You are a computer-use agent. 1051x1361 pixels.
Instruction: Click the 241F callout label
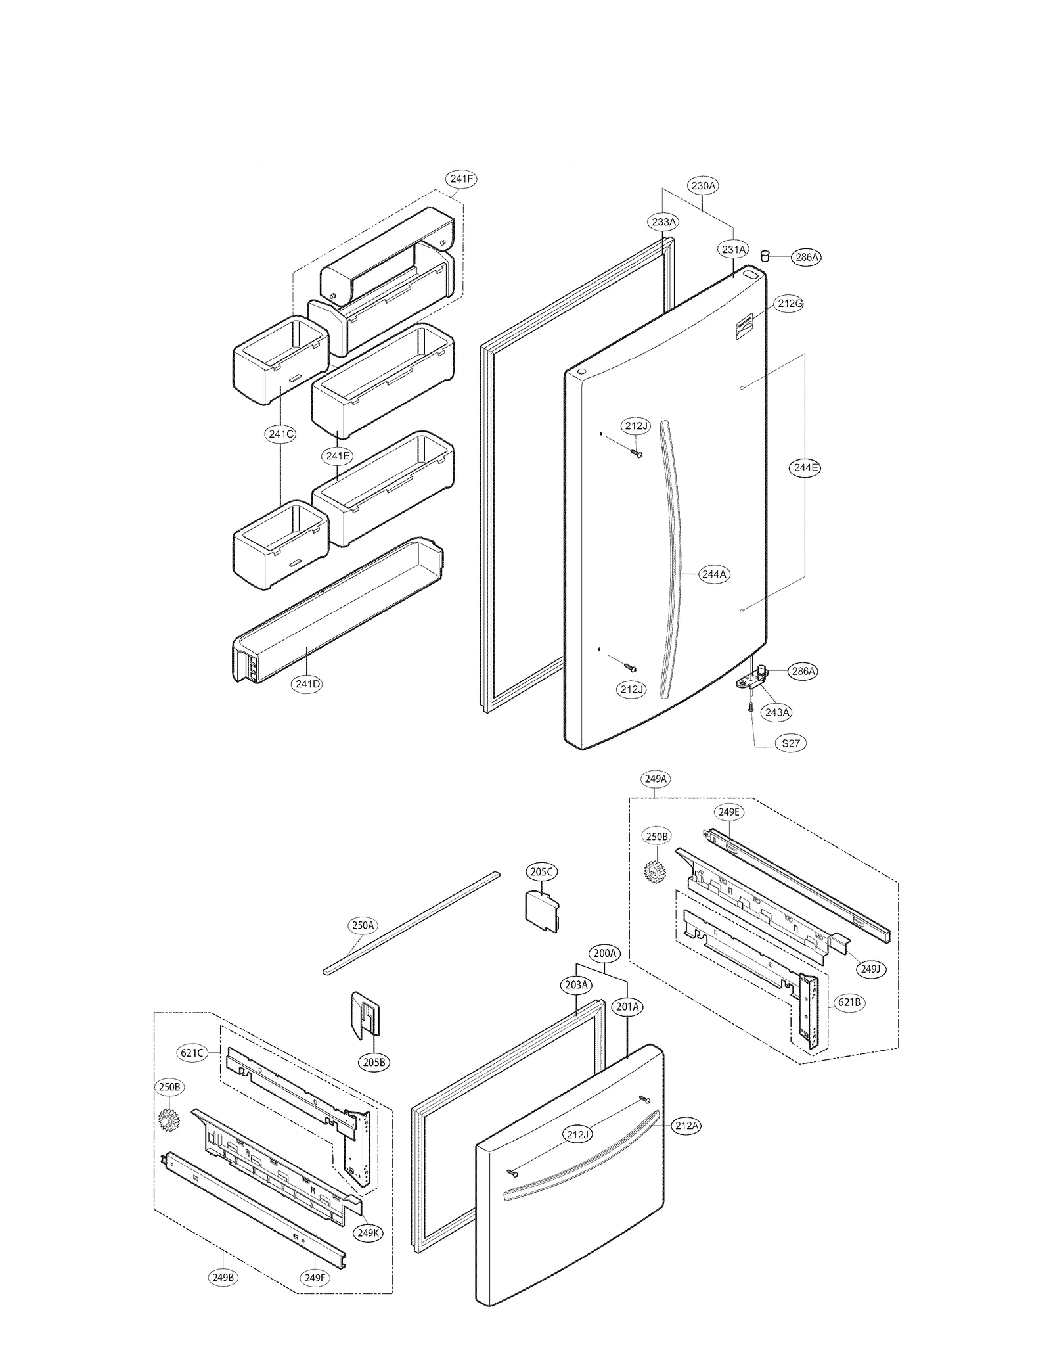coord(461,179)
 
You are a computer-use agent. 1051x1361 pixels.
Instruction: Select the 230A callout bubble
coord(703,186)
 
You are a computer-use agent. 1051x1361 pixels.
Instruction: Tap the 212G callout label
coord(790,304)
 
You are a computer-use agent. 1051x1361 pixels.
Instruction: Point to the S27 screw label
coord(790,743)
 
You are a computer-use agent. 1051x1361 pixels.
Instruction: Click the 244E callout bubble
coord(805,468)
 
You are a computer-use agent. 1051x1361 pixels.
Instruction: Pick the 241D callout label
coord(307,684)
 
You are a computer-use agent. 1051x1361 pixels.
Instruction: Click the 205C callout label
coord(542,872)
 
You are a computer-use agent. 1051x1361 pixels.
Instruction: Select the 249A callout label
coord(656,779)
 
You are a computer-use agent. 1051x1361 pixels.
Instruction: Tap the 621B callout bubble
coord(849,1002)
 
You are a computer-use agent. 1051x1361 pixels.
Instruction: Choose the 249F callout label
coord(315,1278)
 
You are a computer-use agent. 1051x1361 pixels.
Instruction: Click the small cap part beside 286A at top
coord(765,255)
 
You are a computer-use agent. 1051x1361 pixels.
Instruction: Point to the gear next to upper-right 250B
coord(654,871)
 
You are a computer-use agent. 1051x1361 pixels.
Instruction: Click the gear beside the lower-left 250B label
coord(169,1119)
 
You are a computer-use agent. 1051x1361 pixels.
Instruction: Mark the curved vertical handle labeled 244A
coord(671,559)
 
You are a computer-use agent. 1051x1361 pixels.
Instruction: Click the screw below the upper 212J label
coord(637,453)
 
